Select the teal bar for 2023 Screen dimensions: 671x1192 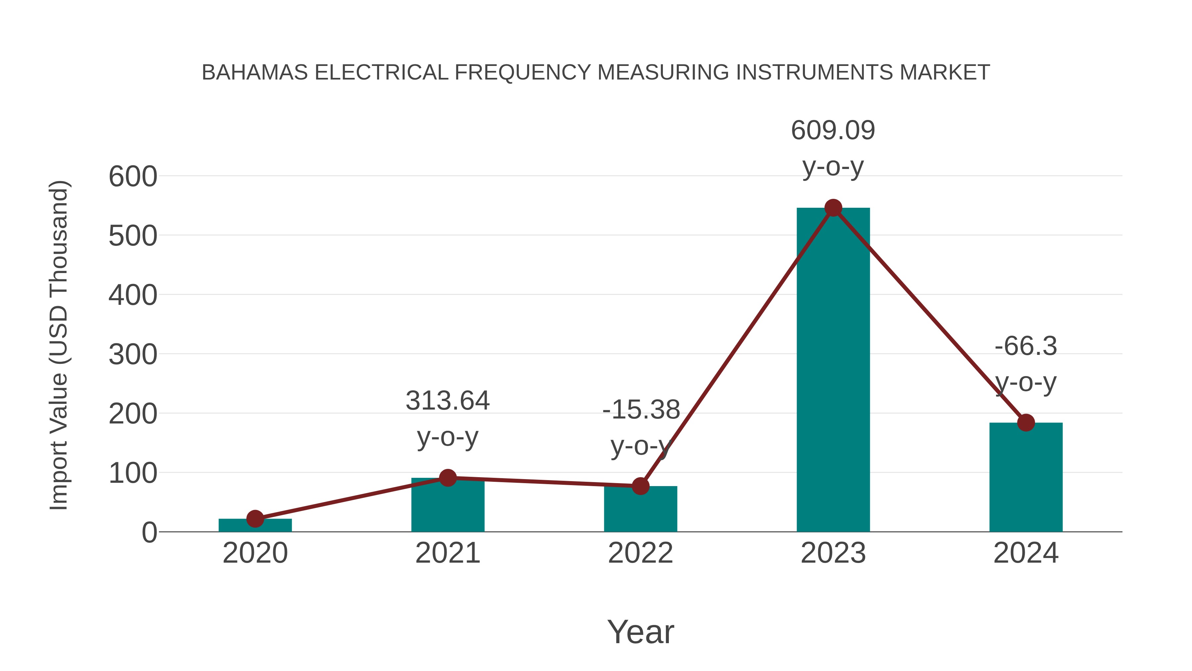tap(833, 370)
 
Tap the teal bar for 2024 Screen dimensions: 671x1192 tap(1026, 477)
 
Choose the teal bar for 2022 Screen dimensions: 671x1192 tap(640, 509)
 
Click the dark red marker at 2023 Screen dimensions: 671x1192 tap(833, 208)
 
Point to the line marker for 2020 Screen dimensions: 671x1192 tap(255, 519)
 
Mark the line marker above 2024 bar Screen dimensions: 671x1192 tap(1026, 422)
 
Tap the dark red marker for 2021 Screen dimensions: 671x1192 tap(447, 477)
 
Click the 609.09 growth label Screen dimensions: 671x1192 tap(833, 131)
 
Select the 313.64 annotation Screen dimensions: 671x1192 tap(447, 401)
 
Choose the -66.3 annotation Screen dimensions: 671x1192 tap(1026, 346)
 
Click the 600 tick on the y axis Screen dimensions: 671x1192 tap(133, 177)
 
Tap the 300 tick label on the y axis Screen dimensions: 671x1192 tap(133, 355)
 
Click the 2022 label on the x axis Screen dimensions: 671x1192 tap(640, 553)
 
